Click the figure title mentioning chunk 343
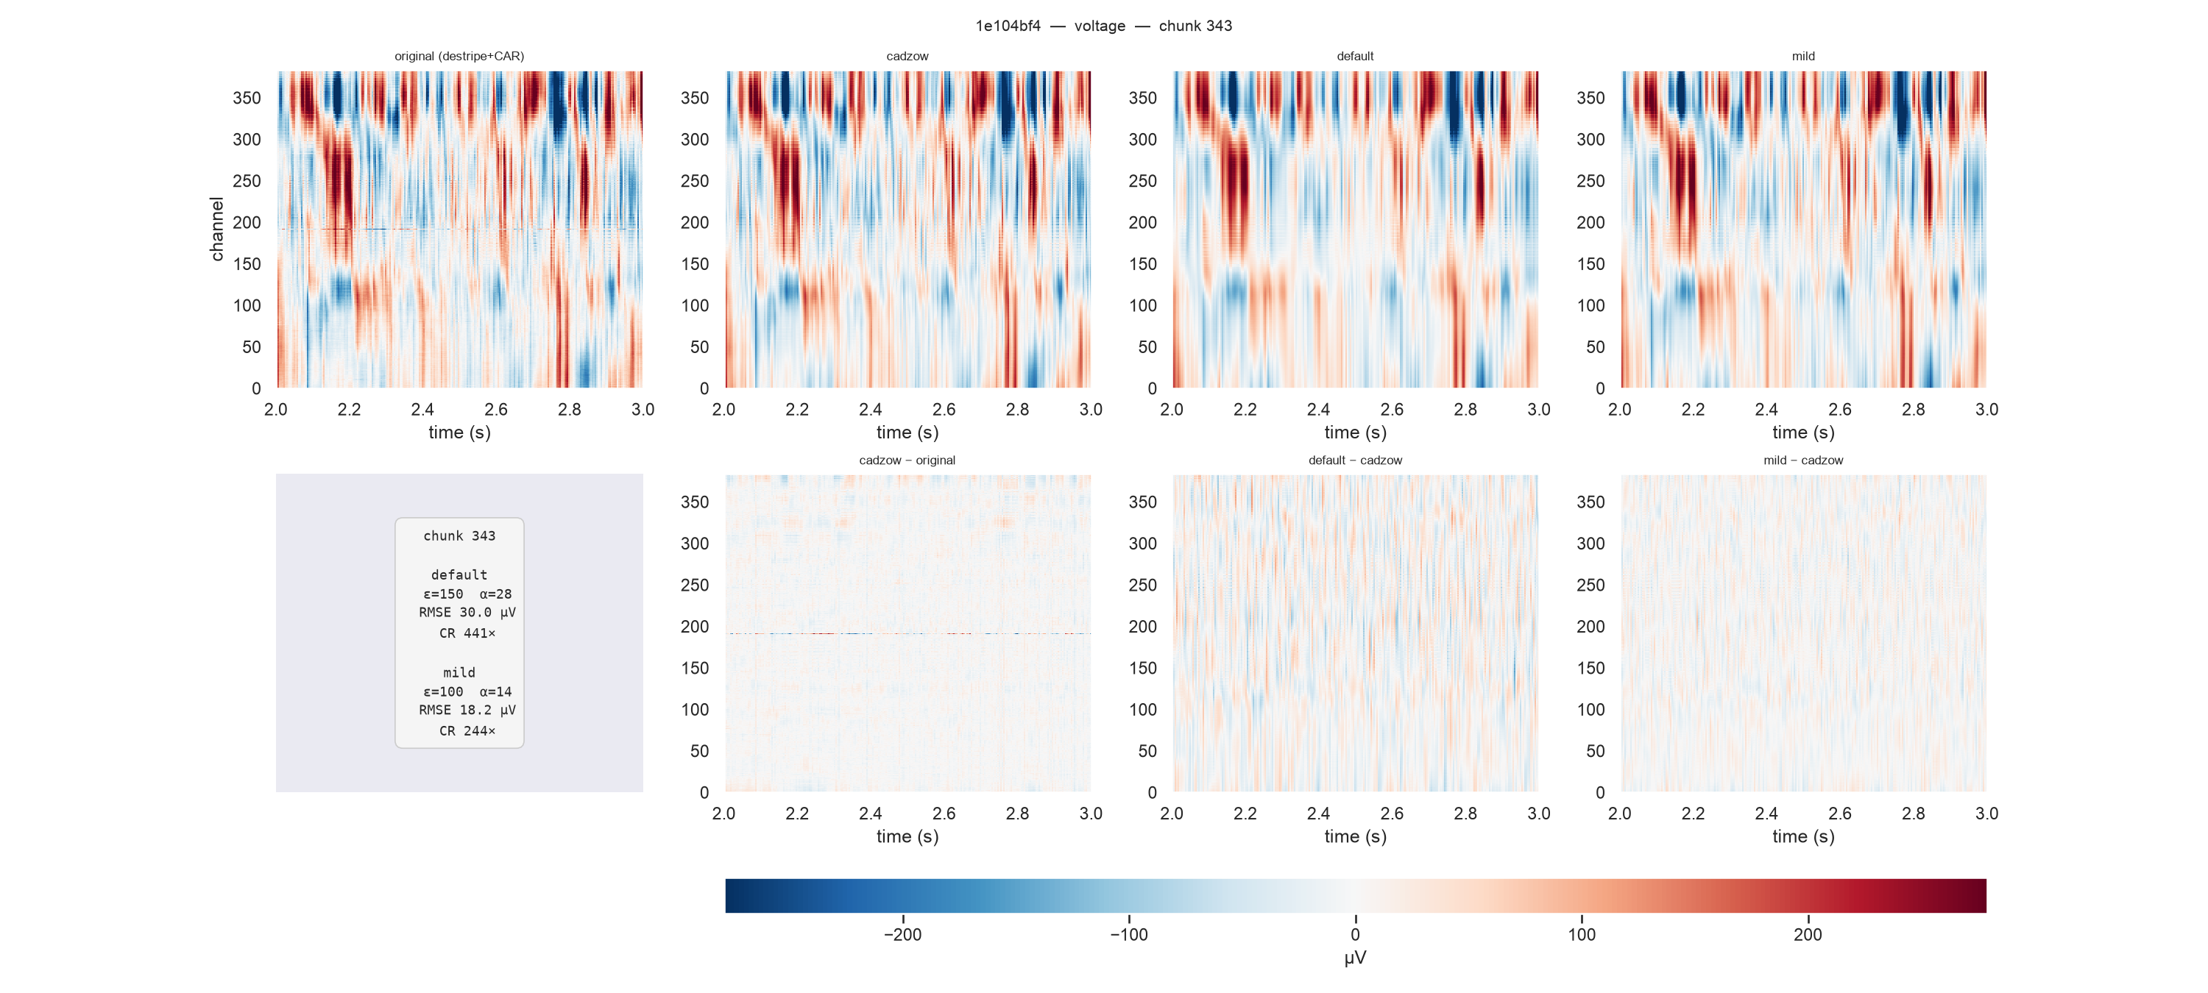coord(1103,26)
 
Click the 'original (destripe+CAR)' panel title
coord(459,57)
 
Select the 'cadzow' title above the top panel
coord(907,57)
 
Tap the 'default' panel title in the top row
coord(1355,57)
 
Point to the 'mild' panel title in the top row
coord(1803,57)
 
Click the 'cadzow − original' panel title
coord(907,460)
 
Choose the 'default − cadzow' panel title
coord(1355,460)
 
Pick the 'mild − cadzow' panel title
coord(1803,460)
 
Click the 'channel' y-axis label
coord(217,229)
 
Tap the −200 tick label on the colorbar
coord(902,935)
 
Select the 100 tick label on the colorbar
coord(1582,935)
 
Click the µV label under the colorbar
coord(1355,958)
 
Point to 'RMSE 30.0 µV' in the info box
coord(467,613)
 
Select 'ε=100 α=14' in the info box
coord(467,691)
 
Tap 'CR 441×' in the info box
coord(467,633)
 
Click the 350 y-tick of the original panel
coord(247,99)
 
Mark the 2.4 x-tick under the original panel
coord(422,410)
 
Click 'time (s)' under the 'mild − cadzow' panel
coord(1803,837)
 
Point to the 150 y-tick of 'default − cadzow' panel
coord(1142,669)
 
